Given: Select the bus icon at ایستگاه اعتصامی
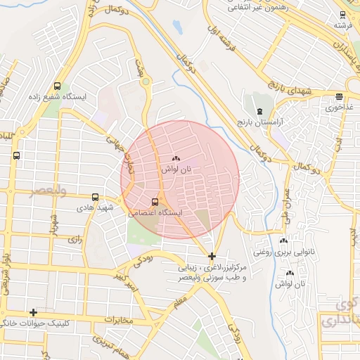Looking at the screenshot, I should pyautogui.click(x=155, y=202).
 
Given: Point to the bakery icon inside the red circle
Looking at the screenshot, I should pyautogui.click(x=176, y=159).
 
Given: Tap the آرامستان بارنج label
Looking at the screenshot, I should pyautogui.click(x=259, y=122).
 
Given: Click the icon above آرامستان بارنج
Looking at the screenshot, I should pyautogui.click(x=259, y=111).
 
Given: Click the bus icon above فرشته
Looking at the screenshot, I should pyautogui.click(x=342, y=15).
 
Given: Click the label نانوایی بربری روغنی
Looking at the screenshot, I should pyautogui.click(x=285, y=251).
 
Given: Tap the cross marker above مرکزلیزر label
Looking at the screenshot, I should pyautogui.click(x=212, y=256).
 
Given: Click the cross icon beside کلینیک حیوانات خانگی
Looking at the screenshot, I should pyautogui.click(x=32, y=312).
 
